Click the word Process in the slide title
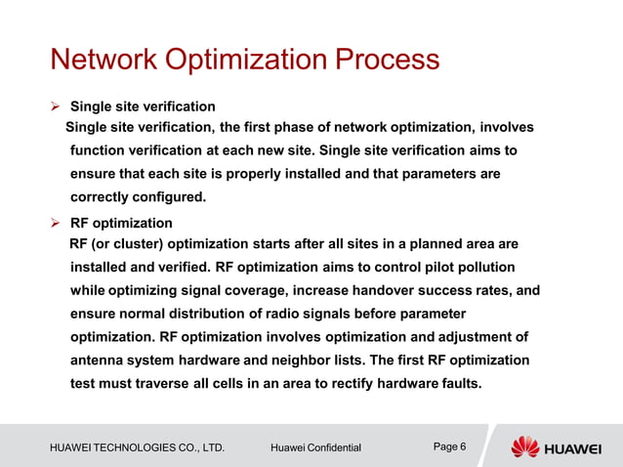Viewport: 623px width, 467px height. [x=387, y=61]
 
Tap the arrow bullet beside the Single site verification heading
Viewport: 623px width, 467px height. [x=56, y=106]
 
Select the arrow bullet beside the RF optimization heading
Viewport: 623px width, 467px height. [x=56, y=223]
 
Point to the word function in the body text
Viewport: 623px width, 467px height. [x=99, y=151]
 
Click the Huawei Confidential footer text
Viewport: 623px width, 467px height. [x=315, y=447]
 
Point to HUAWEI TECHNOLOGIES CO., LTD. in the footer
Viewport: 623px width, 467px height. [x=137, y=447]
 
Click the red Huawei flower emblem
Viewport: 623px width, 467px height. [x=524, y=446]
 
